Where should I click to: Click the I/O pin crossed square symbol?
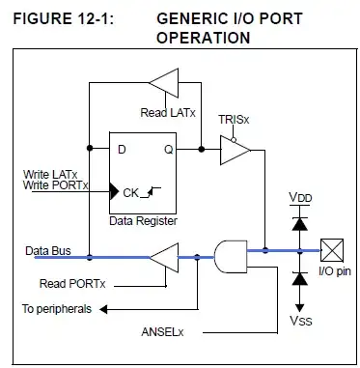coord(332,250)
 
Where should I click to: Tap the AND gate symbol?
coord(231,257)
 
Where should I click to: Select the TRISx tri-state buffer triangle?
coord(235,151)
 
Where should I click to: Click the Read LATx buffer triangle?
coord(164,83)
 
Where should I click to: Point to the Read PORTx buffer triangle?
coord(164,258)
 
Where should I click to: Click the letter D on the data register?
coord(122,150)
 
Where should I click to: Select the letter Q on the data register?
coord(169,150)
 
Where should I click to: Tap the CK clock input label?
coord(130,193)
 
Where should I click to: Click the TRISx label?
coord(234,120)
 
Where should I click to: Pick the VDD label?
coord(300,197)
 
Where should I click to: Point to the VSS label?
coord(301,321)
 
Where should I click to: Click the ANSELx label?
coord(162,332)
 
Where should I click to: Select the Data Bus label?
coord(48,251)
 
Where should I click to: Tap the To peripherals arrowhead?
coord(103,309)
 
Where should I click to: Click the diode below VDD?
coord(299,224)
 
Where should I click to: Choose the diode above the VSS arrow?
coord(300,279)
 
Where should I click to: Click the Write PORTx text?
coord(56,185)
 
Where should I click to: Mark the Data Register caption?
coord(143,221)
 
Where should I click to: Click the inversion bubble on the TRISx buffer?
coord(234,140)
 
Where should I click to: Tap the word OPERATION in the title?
coord(203,38)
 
